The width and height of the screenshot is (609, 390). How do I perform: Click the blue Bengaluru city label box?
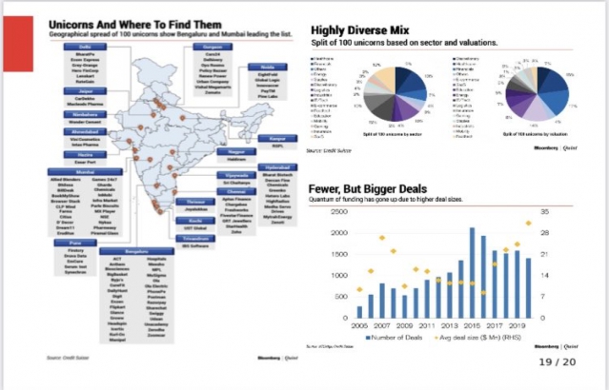[140, 251]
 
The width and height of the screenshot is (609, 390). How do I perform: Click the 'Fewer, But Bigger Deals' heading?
[372, 188]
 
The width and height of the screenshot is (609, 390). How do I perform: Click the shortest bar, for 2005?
[359, 311]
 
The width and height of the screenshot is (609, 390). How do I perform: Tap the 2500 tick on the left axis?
[339, 210]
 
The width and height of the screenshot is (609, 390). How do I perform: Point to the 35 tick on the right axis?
[545, 210]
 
